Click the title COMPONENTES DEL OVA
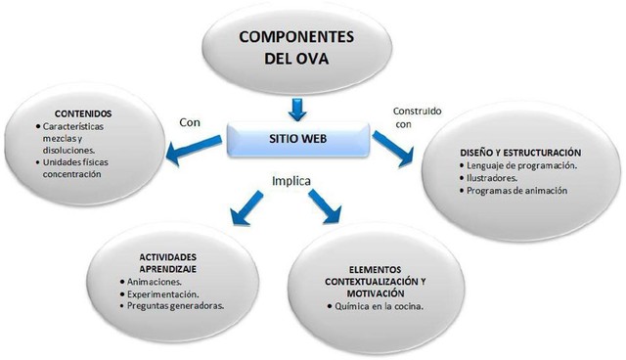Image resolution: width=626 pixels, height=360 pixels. pyautogui.click(x=298, y=47)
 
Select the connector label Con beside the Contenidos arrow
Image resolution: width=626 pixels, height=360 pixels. pyautogui.click(x=190, y=123)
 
